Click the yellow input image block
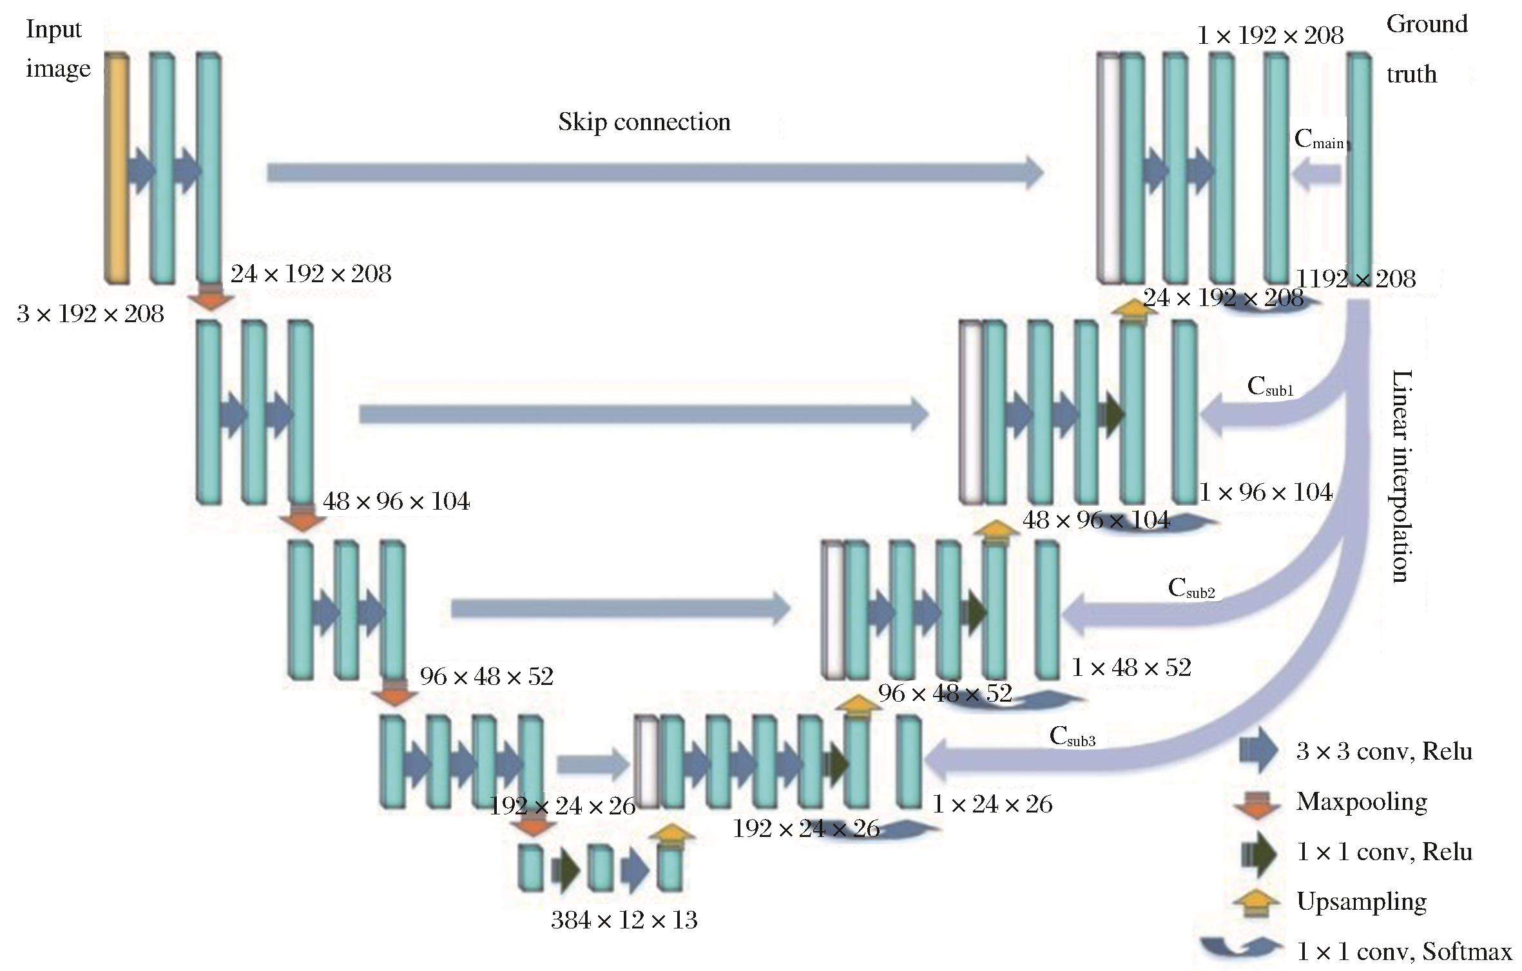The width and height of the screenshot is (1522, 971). [x=117, y=168]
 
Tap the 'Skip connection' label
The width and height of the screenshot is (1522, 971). [x=644, y=122]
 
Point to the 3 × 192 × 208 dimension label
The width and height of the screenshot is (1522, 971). [x=90, y=314]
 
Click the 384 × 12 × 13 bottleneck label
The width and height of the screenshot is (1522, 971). [x=624, y=920]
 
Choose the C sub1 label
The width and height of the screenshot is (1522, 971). [x=1270, y=387]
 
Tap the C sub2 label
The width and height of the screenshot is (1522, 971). [x=1191, y=589]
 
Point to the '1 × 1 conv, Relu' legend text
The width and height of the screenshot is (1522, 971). [x=1384, y=852]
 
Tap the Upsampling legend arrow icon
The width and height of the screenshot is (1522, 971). [x=1255, y=902]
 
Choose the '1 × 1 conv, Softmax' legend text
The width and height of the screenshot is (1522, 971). [x=1404, y=952]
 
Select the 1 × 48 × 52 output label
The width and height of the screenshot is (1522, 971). [x=1131, y=668]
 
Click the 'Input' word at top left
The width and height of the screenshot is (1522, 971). [x=54, y=30]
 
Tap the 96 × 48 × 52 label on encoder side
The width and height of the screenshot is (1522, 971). [x=486, y=677]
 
